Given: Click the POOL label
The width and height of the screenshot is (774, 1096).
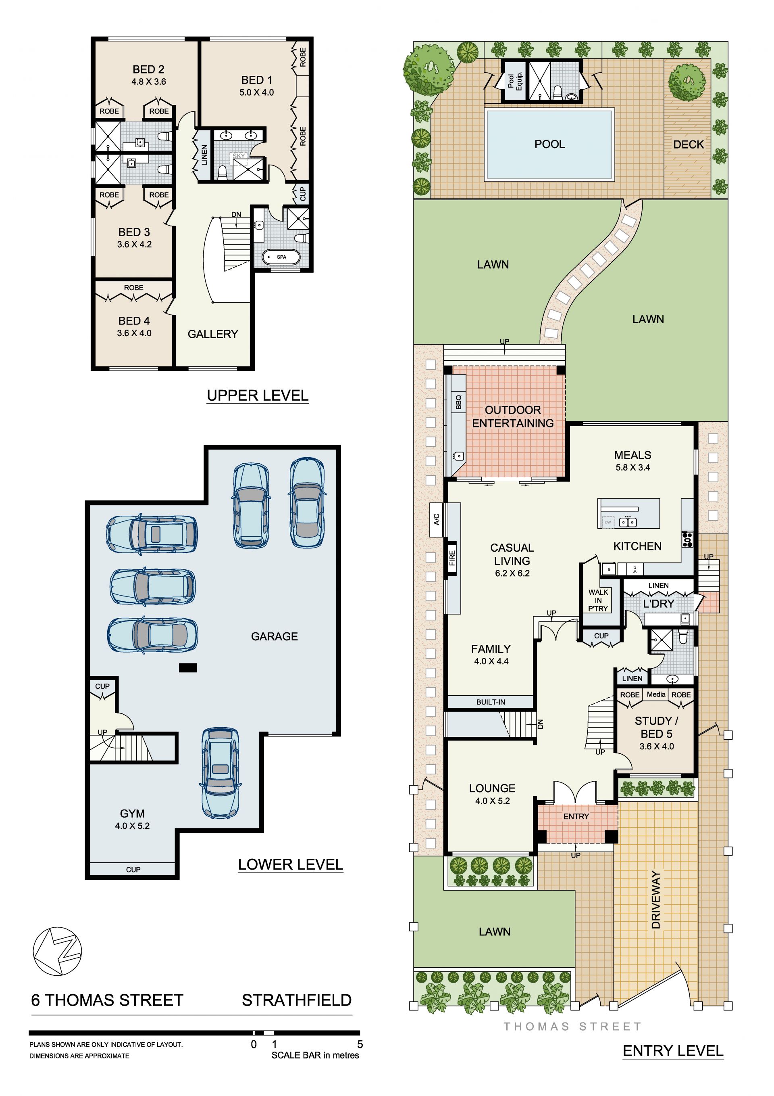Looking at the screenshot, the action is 549,144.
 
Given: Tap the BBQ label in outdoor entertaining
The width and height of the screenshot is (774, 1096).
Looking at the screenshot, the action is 459,402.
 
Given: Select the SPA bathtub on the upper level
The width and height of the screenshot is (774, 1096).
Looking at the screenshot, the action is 281,257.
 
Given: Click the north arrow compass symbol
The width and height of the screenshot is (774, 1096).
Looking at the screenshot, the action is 57,952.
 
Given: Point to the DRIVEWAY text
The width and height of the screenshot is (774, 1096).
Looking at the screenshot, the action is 656,899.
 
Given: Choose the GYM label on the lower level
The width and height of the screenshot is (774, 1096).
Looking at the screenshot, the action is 132,814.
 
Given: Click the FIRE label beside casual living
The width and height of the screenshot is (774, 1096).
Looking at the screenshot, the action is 452,558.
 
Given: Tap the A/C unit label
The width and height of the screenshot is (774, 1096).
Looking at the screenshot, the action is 436,519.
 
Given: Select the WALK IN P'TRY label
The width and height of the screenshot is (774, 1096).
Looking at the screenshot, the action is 598,600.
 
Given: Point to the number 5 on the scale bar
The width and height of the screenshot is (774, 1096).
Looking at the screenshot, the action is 360,1044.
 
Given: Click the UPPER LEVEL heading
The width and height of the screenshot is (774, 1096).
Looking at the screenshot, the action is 258,395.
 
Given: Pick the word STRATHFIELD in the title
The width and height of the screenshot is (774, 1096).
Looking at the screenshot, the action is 297,1000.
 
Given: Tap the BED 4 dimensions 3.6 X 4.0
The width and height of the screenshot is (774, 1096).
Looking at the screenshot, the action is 134,333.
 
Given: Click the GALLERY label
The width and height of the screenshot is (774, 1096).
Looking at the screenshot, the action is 213,334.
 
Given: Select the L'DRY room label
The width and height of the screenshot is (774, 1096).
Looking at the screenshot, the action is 659,603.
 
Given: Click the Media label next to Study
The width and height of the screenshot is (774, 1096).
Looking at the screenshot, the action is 656,694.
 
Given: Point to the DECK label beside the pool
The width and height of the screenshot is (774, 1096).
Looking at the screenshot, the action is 688,144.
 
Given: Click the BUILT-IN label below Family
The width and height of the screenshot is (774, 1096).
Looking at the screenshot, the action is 491,702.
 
